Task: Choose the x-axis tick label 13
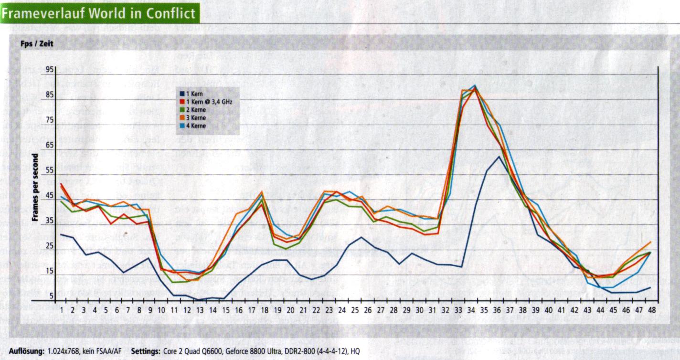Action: point(199,310)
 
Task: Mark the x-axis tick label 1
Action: point(62,310)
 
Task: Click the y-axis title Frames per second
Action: point(35,189)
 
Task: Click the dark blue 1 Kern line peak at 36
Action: point(499,156)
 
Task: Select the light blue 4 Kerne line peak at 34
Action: point(475,85)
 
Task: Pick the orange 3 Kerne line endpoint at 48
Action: point(650,242)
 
